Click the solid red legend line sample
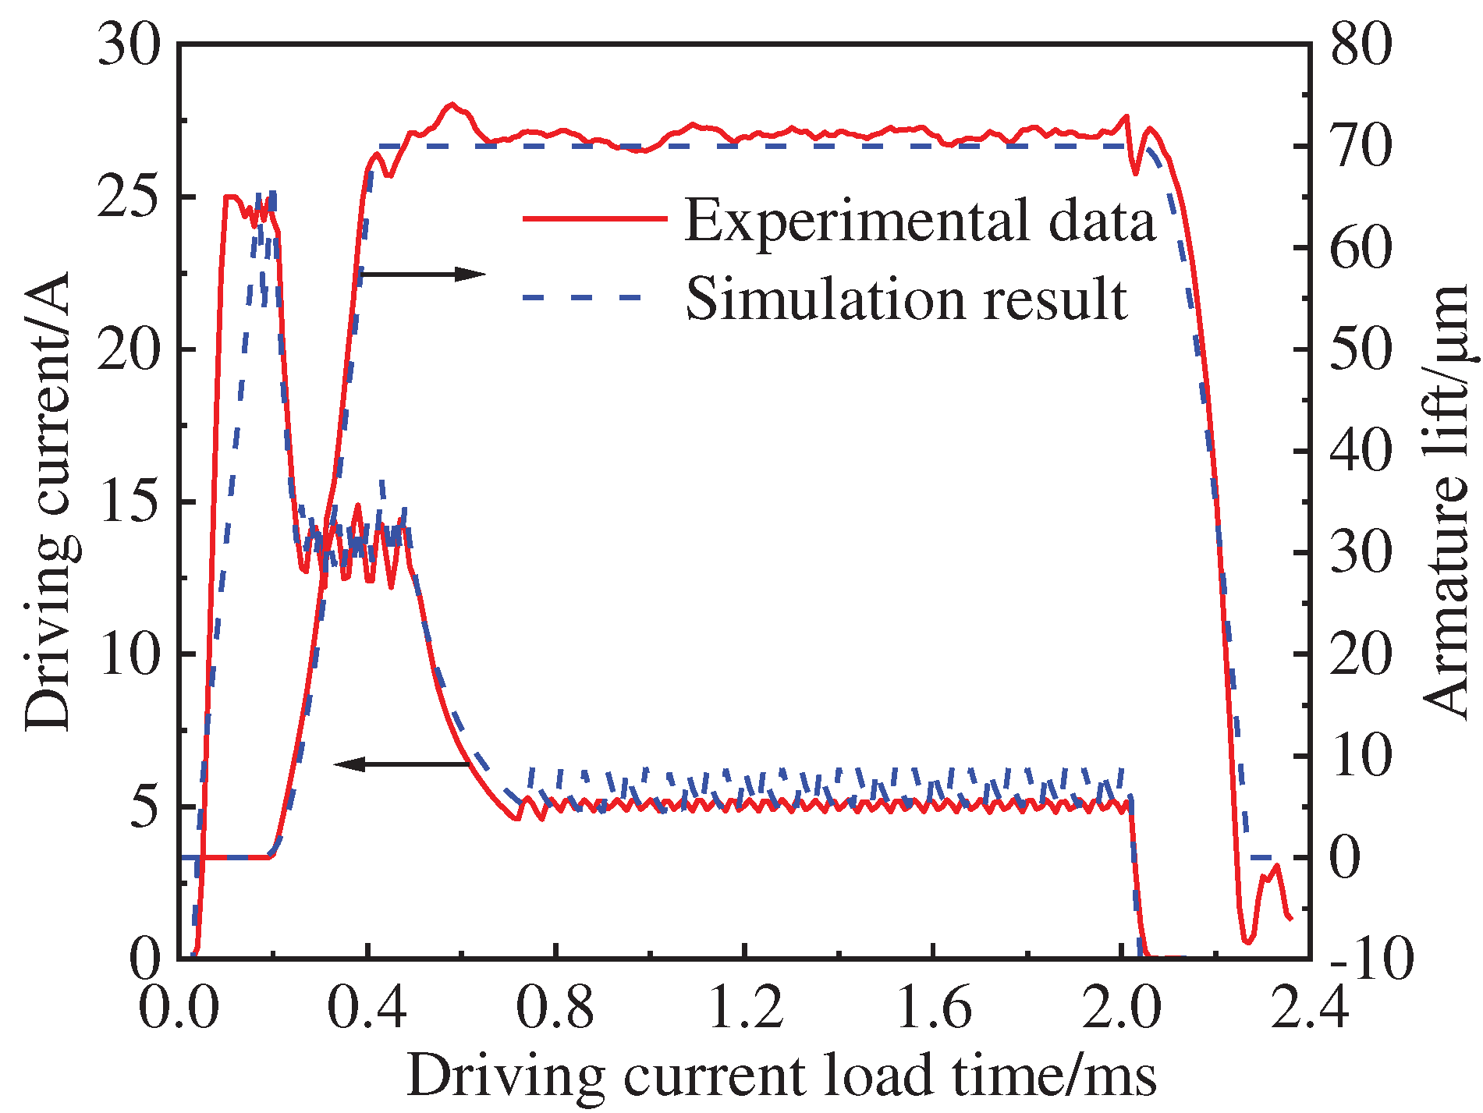(594, 219)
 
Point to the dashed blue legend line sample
(581, 297)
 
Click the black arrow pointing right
(422, 273)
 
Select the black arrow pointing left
(402, 764)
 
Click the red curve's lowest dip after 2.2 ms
(1247, 941)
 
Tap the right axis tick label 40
(1361, 451)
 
